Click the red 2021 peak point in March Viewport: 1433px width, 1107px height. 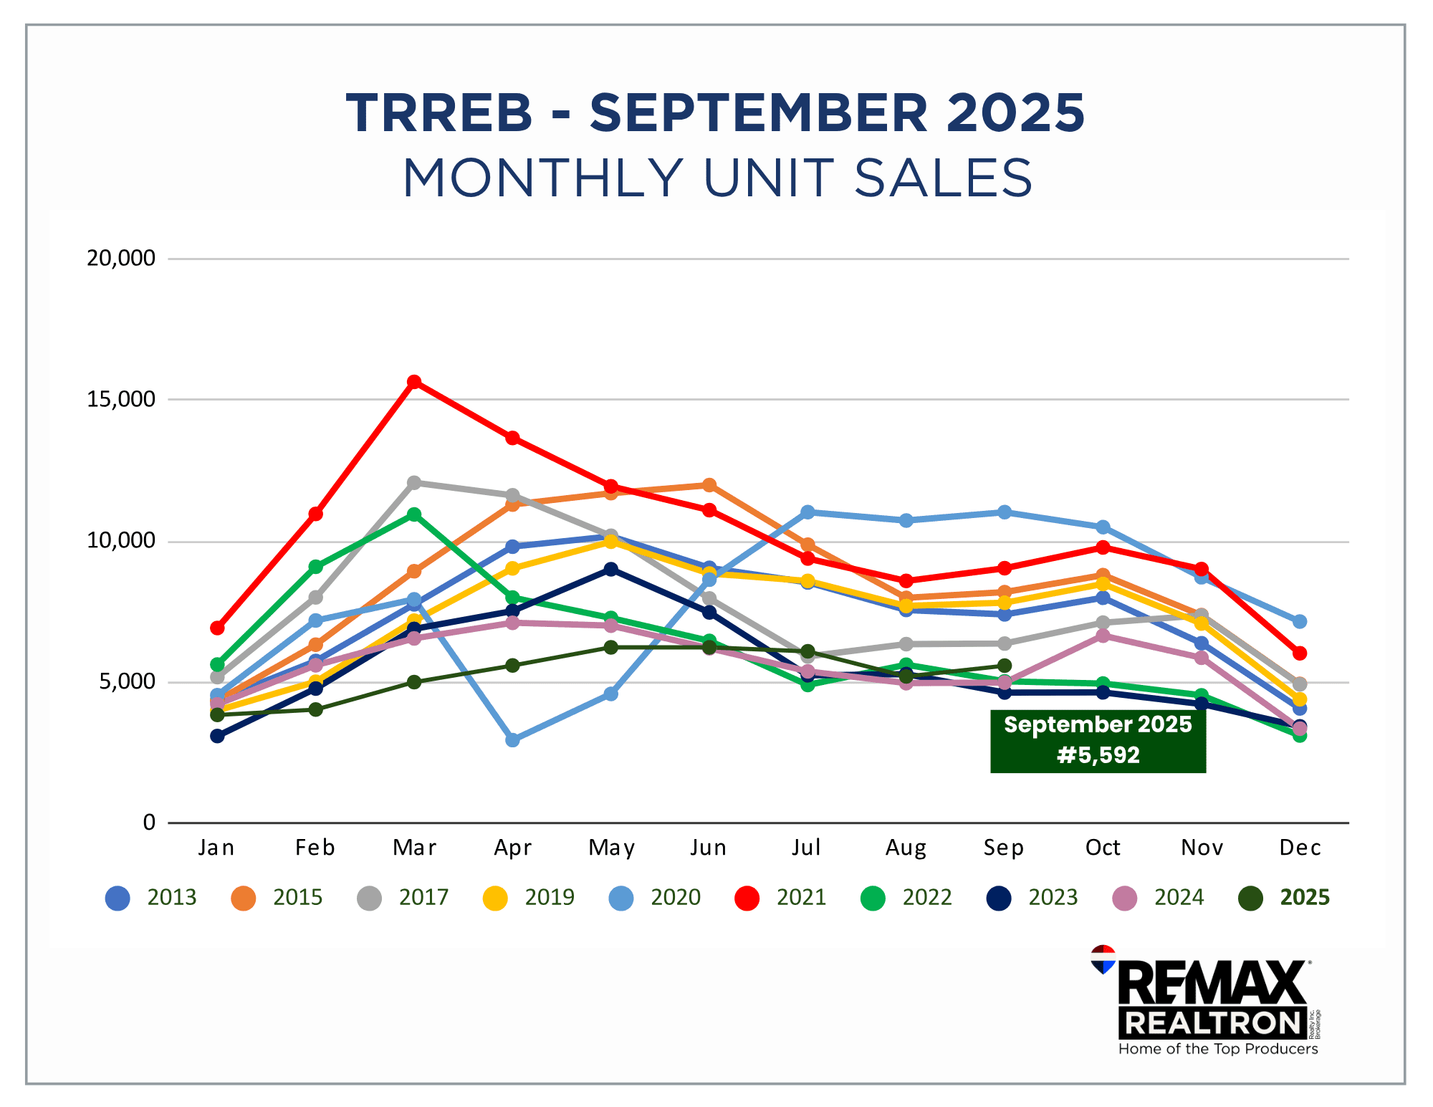tap(414, 382)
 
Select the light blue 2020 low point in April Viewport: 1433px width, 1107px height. tap(512, 739)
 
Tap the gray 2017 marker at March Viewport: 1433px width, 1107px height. tap(414, 483)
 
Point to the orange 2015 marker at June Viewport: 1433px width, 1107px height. tap(709, 486)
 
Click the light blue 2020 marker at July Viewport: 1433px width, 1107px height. tap(807, 512)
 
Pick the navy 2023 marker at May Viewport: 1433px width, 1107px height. tap(610, 570)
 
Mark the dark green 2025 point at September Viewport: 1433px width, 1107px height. tap(1005, 666)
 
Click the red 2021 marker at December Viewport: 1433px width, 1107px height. tap(1300, 653)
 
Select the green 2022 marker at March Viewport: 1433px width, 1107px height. tap(414, 514)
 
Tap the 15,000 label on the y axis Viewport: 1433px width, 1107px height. tap(120, 399)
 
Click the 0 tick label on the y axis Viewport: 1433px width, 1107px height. tap(148, 823)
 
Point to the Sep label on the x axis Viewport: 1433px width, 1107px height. tap(1004, 848)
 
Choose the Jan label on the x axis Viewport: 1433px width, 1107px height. tap(216, 848)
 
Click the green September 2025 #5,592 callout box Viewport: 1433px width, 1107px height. tap(1098, 740)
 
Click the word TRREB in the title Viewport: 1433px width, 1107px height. tap(439, 113)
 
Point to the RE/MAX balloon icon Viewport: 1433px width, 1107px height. tap(1103, 959)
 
